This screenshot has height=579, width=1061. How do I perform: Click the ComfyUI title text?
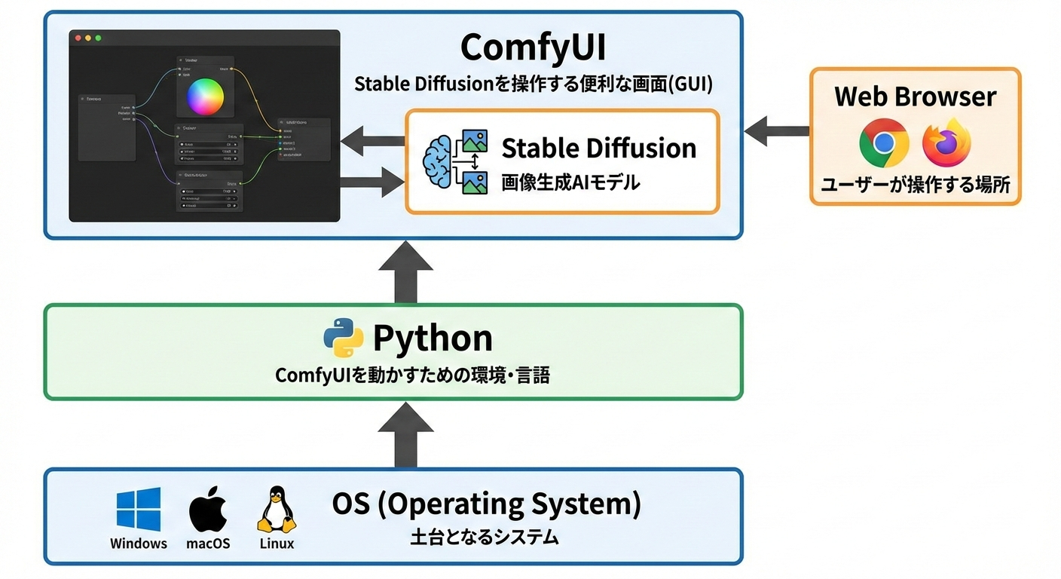533,48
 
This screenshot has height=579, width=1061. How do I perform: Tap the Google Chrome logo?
884,142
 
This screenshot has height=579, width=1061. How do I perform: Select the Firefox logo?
946,142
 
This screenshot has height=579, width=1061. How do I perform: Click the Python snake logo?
344,338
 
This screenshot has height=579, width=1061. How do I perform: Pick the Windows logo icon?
139,510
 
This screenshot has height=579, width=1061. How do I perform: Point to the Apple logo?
207,509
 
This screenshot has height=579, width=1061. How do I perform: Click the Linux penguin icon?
276,510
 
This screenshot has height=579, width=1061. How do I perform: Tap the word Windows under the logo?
139,543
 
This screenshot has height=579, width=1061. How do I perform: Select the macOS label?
207,543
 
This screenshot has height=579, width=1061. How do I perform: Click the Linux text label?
277,543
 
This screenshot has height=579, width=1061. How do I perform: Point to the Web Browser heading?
915,96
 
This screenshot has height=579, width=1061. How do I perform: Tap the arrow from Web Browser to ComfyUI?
776,130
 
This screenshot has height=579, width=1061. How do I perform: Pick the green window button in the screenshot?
97,38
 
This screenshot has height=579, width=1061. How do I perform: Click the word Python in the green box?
433,339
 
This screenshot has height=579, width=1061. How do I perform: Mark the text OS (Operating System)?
486,504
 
